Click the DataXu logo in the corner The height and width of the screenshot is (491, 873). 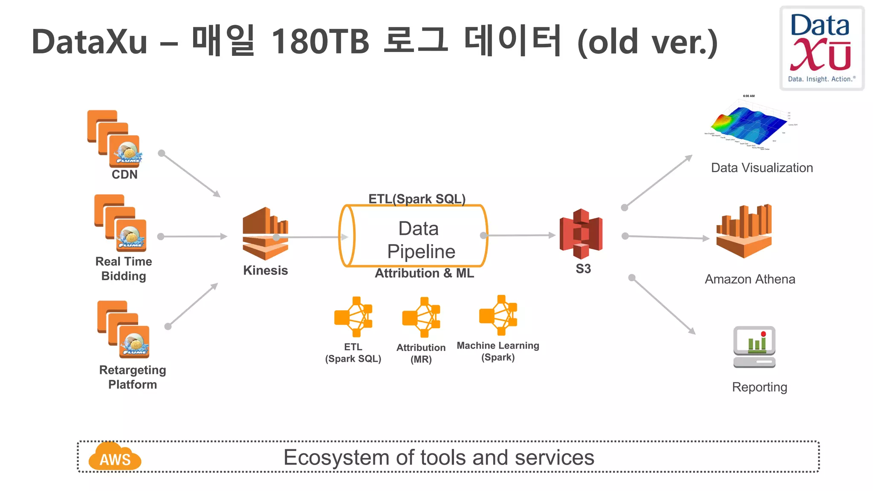(821, 48)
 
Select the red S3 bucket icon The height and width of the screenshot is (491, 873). (581, 234)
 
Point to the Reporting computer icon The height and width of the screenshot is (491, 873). (754, 347)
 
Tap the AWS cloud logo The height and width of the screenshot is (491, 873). (115, 457)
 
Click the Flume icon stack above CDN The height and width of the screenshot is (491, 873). (114, 139)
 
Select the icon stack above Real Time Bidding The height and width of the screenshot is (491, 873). (120, 223)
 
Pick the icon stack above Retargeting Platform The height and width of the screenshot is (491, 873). (123, 329)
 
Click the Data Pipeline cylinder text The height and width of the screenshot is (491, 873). (420, 240)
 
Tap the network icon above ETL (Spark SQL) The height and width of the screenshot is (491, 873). (353, 317)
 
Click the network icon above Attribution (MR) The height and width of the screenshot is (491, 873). (421, 318)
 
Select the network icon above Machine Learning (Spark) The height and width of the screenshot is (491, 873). (498, 315)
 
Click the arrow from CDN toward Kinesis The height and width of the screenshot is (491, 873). (191, 175)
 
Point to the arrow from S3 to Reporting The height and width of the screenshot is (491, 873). (663, 306)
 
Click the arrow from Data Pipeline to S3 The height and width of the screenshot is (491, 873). (520, 235)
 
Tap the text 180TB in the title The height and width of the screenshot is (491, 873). (320, 42)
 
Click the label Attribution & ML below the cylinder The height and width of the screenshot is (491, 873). (424, 273)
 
